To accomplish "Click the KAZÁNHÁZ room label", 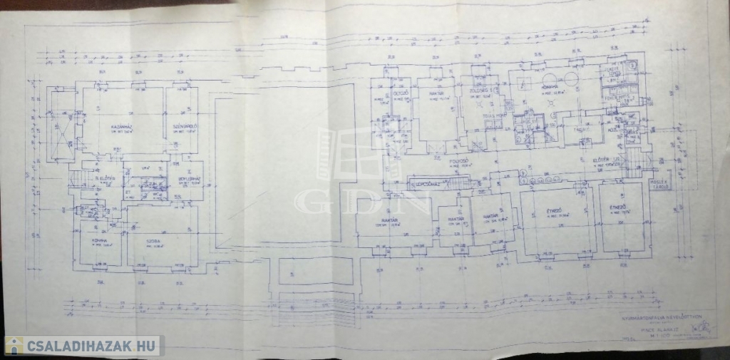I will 119,128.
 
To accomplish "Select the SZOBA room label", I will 158,241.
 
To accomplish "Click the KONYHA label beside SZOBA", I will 99,241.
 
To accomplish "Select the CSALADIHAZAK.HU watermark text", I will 93,346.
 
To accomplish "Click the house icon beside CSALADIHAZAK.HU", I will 14,346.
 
